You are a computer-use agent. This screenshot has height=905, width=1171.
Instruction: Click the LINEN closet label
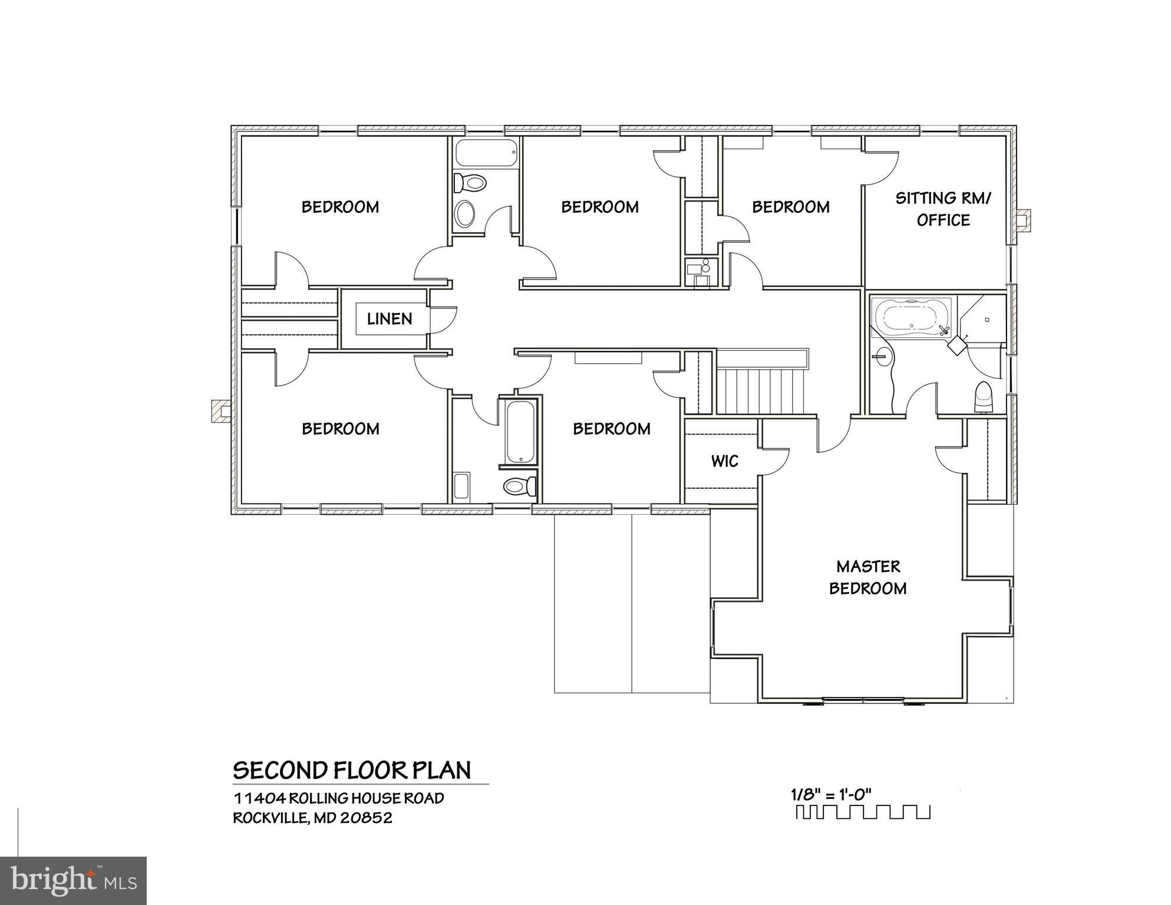(x=389, y=319)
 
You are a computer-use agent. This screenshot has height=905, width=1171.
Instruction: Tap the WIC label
(x=724, y=461)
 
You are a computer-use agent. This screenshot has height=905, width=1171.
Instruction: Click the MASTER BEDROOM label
(x=867, y=577)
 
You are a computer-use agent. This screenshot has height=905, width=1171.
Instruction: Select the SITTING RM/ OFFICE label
(x=943, y=209)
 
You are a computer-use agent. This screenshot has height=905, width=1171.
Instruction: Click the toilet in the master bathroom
(x=984, y=398)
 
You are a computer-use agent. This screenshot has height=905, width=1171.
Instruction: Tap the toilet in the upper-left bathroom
(x=470, y=182)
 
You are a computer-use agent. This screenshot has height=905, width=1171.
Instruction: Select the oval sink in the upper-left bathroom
(x=466, y=213)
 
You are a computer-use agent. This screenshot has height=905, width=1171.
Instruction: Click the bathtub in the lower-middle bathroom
(x=520, y=432)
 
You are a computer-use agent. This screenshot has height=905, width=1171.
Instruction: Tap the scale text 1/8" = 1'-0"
(x=830, y=794)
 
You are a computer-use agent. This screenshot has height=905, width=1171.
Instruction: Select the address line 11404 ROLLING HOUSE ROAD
(x=339, y=798)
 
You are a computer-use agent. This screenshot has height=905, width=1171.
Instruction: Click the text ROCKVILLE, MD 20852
(x=312, y=818)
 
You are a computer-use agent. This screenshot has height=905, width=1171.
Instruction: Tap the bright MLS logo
(x=73, y=881)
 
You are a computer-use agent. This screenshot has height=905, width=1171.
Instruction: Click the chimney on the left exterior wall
(x=221, y=411)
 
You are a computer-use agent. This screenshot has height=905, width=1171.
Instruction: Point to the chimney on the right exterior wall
(x=1024, y=220)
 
